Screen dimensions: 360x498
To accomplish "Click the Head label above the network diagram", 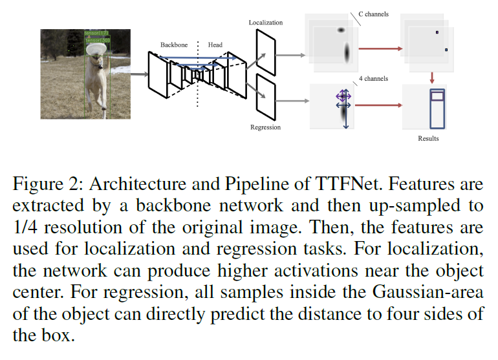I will [215, 45].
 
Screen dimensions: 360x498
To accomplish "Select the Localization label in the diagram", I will [266, 23].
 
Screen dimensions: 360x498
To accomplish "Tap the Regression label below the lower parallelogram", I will [265, 127].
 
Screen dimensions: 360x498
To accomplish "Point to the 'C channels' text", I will [373, 14].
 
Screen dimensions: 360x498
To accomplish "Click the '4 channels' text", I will [373, 79].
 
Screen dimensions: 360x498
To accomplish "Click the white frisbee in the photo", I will [98, 47].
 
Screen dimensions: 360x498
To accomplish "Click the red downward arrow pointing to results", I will [431, 78].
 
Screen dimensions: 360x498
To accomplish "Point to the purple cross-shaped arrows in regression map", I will [343, 98].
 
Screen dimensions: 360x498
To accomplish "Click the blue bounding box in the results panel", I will [438, 107].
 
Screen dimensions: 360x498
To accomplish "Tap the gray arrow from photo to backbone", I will [139, 74].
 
